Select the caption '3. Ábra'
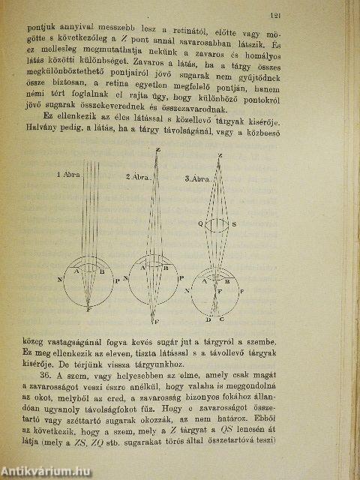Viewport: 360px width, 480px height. [197, 179]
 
